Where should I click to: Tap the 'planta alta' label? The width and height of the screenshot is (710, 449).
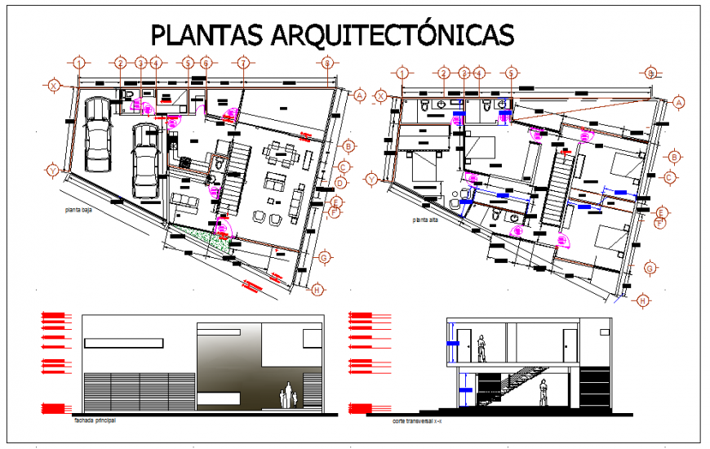(427, 220)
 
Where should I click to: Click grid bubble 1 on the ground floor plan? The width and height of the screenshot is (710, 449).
(79, 63)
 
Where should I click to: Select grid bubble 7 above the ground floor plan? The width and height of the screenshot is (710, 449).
(242, 63)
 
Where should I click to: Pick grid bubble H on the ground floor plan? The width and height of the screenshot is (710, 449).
(318, 289)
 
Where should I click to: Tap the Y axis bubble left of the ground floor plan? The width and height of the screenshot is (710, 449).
(53, 171)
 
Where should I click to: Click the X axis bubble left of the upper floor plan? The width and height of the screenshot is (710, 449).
(379, 96)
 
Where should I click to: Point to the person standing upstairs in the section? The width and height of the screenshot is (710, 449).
(482, 348)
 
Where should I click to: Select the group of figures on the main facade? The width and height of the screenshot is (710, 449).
(286, 396)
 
